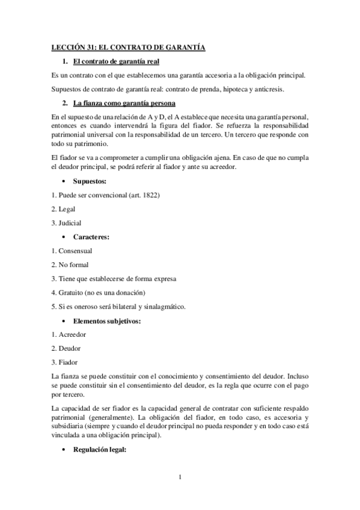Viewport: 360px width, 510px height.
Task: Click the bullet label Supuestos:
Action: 90,181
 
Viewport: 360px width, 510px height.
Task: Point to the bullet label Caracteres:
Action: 91,237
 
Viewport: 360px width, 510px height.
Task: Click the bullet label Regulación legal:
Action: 99,449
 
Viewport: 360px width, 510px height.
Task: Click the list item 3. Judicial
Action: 66,223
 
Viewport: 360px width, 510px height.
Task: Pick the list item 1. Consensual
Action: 72,251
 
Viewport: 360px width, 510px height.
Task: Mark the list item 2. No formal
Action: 70,265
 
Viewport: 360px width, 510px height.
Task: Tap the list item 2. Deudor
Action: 66,348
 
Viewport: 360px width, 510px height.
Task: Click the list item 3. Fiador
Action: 64,362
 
